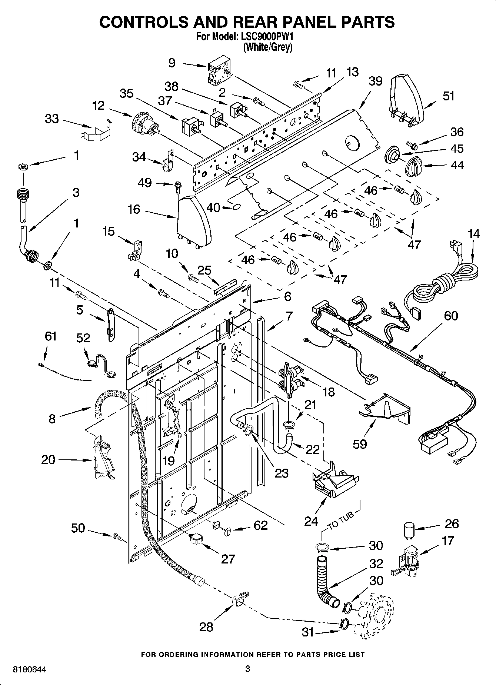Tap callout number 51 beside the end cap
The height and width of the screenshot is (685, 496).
click(448, 96)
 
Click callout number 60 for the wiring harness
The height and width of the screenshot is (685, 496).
click(450, 316)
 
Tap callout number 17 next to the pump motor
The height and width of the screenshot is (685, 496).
click(447, 541)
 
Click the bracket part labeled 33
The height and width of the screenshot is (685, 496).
click(96, 130)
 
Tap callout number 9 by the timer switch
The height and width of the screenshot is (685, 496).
click(172, 63)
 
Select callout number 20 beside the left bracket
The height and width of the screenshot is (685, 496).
click(48, 460)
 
